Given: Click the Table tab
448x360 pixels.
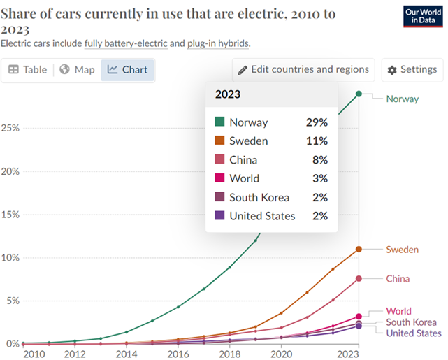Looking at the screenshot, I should click(28, 69).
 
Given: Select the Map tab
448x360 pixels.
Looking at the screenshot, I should click(77, 69).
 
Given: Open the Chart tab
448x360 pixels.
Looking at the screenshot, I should click(127, 69).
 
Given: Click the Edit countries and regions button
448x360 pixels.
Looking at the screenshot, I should click(303, 69).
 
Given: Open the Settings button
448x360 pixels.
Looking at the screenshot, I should click(412, 69).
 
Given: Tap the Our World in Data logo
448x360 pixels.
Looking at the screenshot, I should click(423, 17).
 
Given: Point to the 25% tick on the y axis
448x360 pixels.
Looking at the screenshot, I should click(11, 129).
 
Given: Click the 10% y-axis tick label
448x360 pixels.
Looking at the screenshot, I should click(11, 257).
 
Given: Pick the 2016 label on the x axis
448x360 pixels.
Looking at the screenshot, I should click(178, 354).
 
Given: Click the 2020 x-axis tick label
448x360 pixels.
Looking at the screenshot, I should click(280, 354).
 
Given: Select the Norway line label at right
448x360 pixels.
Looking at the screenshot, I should click(403, 99).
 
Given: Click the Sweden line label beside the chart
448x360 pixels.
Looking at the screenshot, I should click(403, 250).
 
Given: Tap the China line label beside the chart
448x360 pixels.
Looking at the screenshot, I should click(398, 278).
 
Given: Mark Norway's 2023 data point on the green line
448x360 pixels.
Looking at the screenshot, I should click(359, 94).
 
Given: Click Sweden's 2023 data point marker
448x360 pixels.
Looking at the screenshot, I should click(359, 249).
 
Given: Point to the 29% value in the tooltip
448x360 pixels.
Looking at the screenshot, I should click(317, 122).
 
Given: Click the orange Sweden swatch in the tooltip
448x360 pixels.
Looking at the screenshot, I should click(219, 141).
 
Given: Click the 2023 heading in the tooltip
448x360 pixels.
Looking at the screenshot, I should click(229, 94).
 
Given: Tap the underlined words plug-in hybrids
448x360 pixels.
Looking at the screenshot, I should click(217, 43).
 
